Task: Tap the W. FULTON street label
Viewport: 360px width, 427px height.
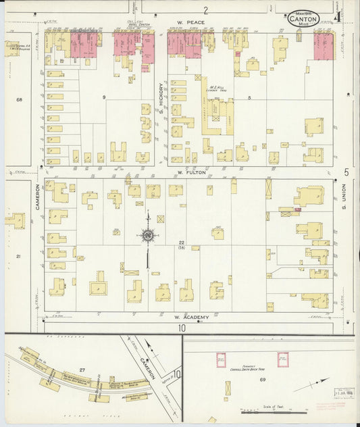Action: [190, 172]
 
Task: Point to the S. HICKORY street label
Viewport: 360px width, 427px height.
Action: [161, 95]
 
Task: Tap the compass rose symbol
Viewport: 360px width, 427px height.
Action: [147, 235]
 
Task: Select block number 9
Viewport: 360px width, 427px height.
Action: [104, 99]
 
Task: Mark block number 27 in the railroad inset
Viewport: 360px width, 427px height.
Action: [82, 370]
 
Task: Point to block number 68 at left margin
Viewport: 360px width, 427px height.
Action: [19, 100]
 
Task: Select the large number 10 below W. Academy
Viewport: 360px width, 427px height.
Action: [182, 328]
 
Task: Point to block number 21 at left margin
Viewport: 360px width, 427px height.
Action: [19, 256]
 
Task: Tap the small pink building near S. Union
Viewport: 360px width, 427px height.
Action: [297, 209]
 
